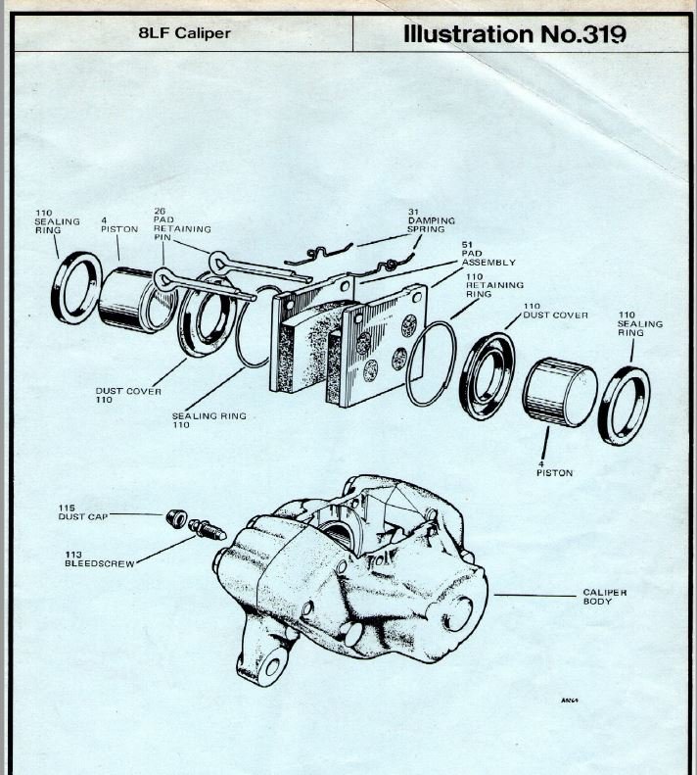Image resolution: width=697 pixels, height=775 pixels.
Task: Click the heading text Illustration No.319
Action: coord(514,34)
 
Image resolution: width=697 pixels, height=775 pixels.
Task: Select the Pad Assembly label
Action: coord(488,255)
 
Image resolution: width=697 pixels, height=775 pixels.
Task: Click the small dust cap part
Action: coord(177,518)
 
